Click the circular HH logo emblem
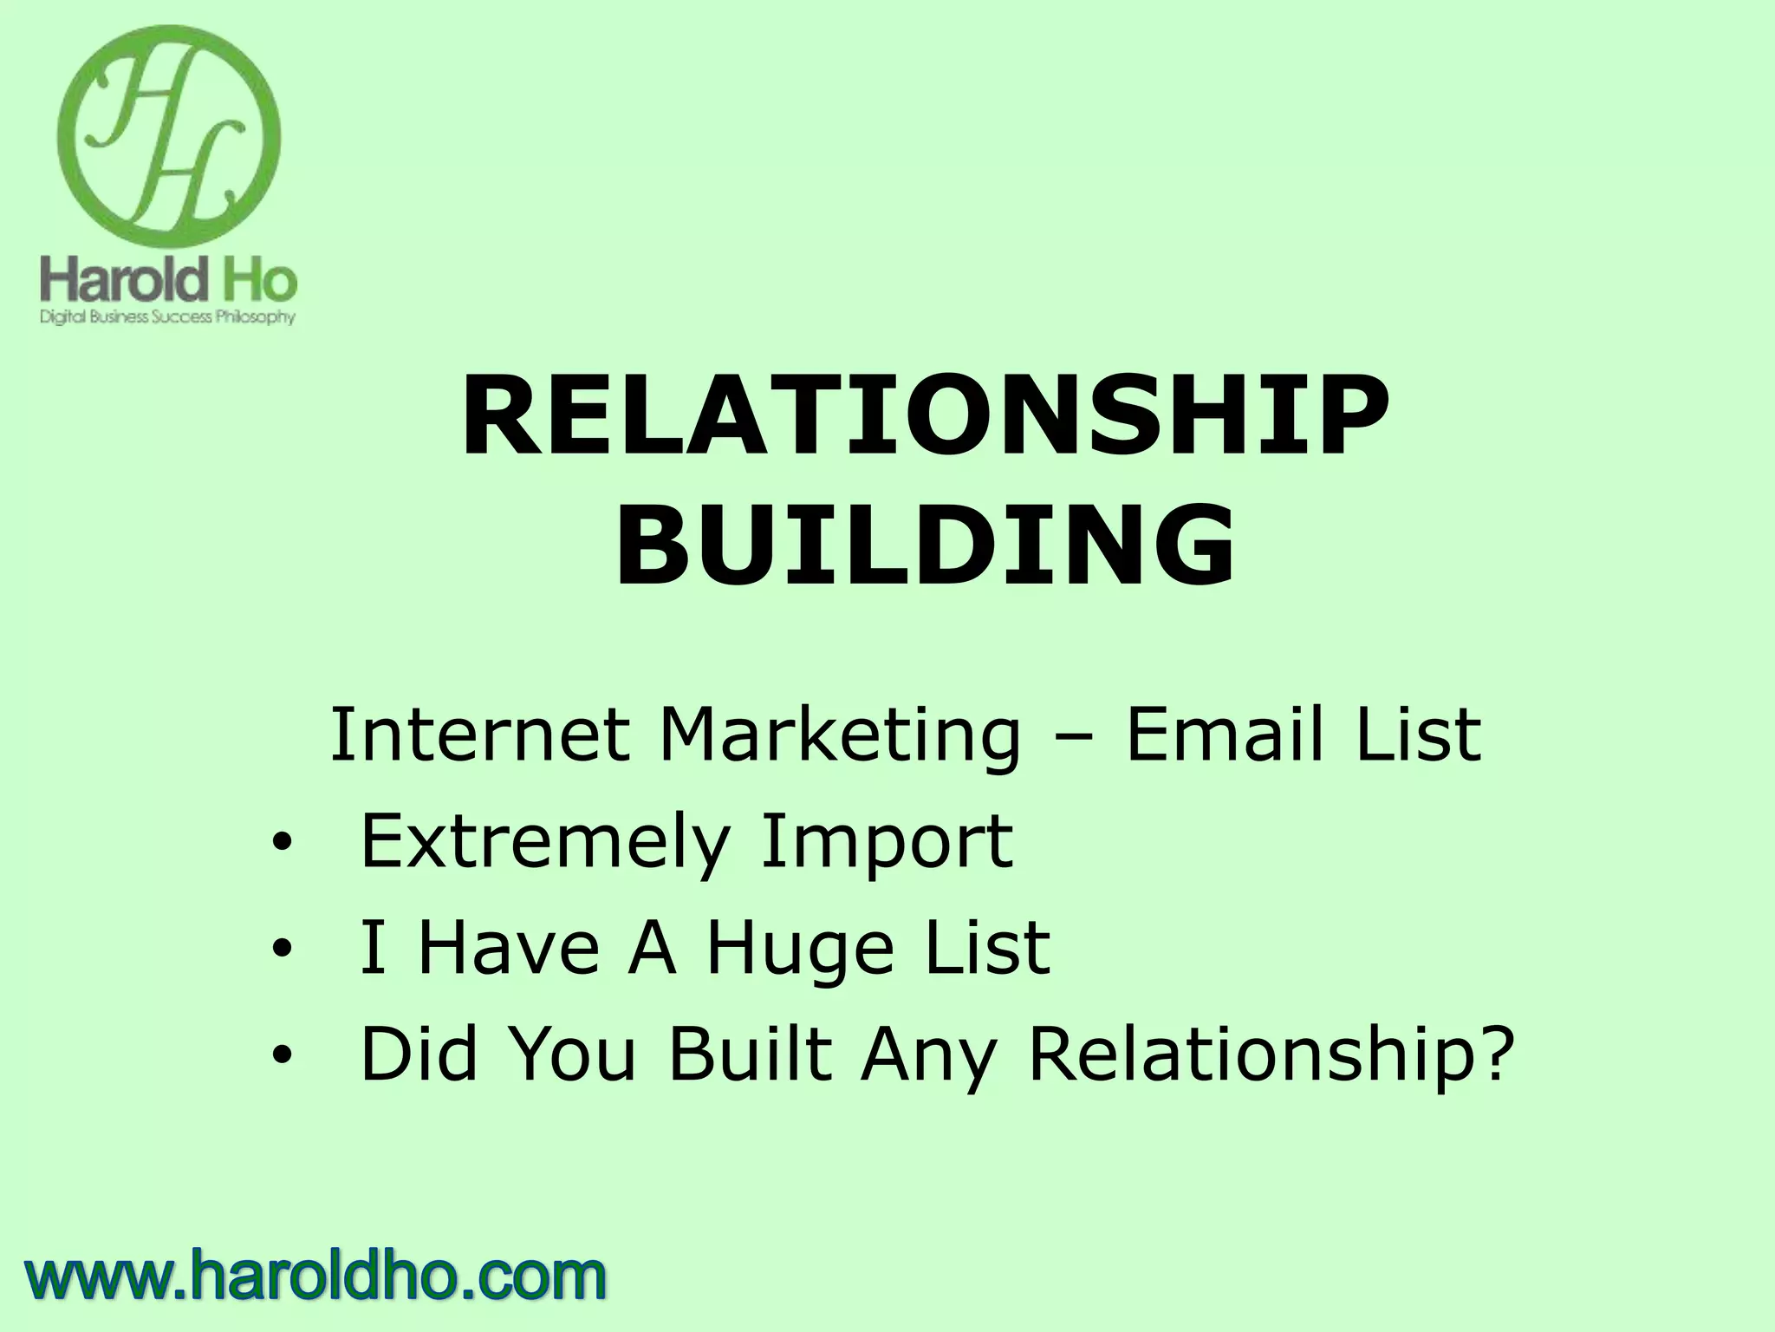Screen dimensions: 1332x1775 click(x=169, y=137)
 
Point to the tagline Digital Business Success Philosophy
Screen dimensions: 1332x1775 click(x=168, y=317)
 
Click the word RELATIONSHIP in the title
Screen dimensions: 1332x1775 click(x=925, y=419)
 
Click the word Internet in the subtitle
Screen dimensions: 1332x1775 click(x=479, y=735)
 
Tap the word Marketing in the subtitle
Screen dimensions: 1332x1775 click(x=840, y=735)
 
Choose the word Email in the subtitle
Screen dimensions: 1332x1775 click(x=1225, y=735)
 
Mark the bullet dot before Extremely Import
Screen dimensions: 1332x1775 click(x=281, y=844)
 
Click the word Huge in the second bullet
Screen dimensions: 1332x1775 click(x=799, y=949)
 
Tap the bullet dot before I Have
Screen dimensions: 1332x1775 click(x=281, y=950)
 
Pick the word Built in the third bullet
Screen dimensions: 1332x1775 click(x=750, y=1054)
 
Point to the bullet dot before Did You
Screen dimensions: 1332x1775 click(x=281, y=1056)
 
